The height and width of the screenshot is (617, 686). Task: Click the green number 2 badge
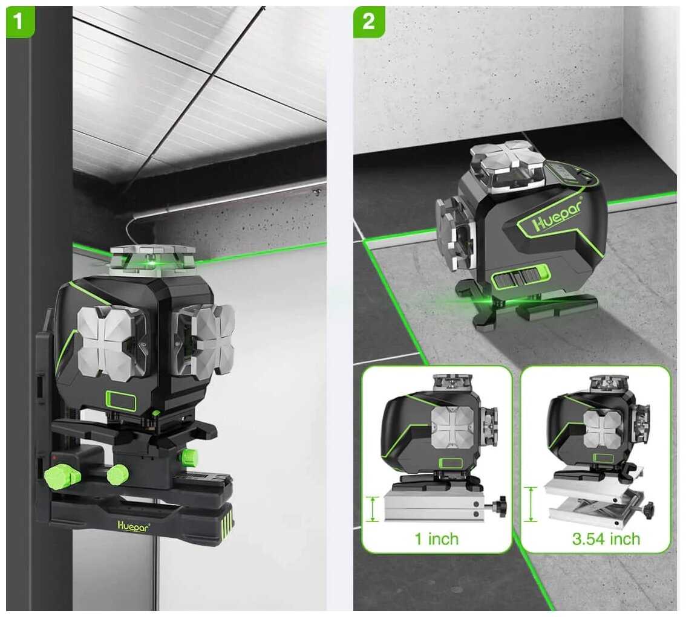click(369, 21)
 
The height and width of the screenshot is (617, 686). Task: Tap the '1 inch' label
click(437, 539)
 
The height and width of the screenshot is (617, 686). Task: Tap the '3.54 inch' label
click(606, 539)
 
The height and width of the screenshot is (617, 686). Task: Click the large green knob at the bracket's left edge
click(56, 477)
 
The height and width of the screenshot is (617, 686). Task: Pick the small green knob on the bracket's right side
click(188, 457)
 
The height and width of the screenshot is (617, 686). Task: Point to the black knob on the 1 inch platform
click(498, 506)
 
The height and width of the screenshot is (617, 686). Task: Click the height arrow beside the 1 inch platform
click(372, 509)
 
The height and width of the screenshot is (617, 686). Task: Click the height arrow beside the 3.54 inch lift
click(531, 504)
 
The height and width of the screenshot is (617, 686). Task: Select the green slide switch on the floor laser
click(520, 278)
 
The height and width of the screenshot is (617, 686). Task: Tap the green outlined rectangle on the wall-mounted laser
click(121, 400)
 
